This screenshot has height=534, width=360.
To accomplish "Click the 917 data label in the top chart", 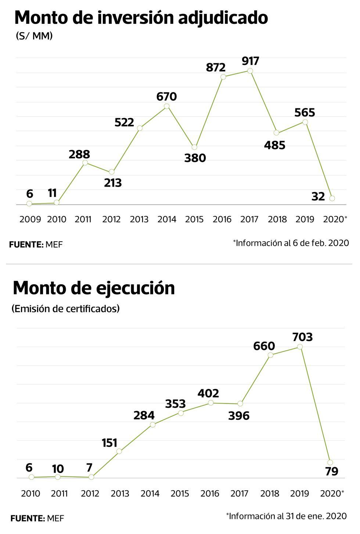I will [251, 61].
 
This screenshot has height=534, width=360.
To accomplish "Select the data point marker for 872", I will [223, 77].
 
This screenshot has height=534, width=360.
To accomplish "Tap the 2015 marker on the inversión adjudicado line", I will [195, 147].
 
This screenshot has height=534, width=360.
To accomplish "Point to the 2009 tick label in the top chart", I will [30, 219].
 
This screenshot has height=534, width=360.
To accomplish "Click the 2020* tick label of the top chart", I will [335, 219].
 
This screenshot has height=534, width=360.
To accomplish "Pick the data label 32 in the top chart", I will [318, 197].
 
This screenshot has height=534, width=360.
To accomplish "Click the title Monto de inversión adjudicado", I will [141, 17].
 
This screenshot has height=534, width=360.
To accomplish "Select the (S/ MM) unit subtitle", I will [34, 36].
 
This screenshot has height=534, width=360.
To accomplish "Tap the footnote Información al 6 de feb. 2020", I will [291, 243].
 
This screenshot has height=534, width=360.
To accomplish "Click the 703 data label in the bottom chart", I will [302, 337].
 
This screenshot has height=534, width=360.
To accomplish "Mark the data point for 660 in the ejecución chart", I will [270, 355].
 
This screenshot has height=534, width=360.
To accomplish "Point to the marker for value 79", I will [330, 462].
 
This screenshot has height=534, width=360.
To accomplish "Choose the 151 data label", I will [109, 443].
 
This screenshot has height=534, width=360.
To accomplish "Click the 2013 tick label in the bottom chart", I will [120, 493].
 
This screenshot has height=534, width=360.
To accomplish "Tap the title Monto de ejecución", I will [94, 288].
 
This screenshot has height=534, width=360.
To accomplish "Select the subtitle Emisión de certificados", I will [66, 309].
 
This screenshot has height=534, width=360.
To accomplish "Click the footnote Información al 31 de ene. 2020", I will [287, 516].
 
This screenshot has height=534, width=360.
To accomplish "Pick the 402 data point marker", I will [211, 403].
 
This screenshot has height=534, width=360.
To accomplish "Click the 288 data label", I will [79, 154].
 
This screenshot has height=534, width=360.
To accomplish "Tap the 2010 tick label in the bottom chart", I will [30, 493].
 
